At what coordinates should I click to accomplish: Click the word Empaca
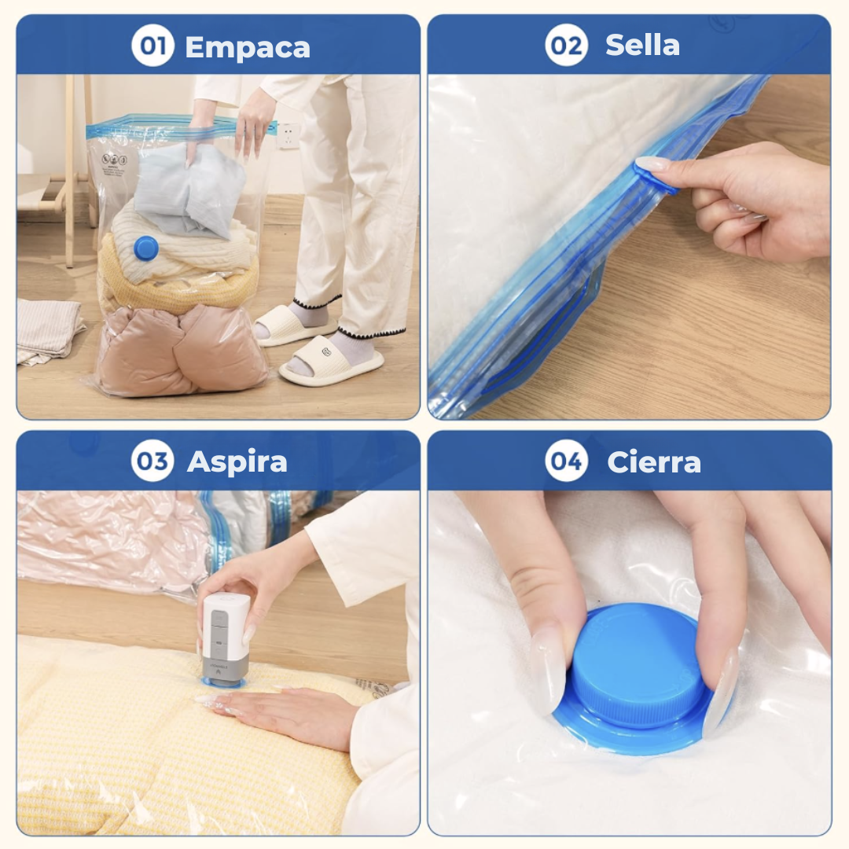(248, 47)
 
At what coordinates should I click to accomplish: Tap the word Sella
(642, 45)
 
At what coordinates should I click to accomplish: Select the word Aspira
(237, 462)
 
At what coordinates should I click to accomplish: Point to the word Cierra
(654, 462)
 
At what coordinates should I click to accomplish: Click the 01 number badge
(153, 46)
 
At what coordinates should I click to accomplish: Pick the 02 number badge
(566, 45)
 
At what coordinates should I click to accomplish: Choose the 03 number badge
(153, 461)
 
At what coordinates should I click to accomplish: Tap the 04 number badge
(566, 461)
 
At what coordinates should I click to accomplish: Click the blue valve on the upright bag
(145, 248)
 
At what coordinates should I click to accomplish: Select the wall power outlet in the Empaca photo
(288, 136)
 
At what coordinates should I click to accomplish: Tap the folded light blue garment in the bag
(189, 189)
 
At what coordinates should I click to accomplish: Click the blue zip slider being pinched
(654, 176)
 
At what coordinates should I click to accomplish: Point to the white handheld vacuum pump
(226, 639)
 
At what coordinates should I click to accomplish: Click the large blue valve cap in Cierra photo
(639, 677)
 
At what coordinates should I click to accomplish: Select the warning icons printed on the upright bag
(114, 160)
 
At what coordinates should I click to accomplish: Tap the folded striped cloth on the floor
(49, 329)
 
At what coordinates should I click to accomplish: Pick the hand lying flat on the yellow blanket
(281, 712)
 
